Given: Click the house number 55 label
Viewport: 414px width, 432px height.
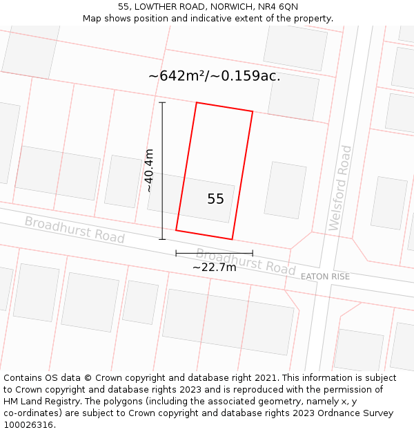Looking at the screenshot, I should [x=215, y=199].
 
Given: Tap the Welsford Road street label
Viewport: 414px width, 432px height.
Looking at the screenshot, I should [x=341, y=188].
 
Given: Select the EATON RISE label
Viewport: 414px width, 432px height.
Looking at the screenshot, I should [x=325, y=276].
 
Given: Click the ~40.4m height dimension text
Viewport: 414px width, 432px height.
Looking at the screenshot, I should [x=148, y=170].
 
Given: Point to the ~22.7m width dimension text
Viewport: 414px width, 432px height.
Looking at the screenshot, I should [x=214, y=267].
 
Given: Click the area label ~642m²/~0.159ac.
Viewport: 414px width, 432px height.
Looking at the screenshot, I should [x=214, y=76].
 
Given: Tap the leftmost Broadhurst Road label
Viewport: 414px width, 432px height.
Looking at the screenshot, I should [x=75, y=229].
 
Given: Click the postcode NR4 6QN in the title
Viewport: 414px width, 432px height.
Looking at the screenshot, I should [x=279, y=7].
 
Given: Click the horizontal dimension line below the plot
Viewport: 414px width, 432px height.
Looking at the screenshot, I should [x=214, y=253].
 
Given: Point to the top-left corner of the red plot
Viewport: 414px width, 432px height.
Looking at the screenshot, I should [x=197, y=103].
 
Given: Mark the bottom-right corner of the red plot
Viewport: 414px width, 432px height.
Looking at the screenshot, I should [x=232, y=239].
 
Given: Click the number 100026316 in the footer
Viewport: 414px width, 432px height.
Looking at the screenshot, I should [x=28, y=425].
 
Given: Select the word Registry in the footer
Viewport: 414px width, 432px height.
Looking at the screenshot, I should [x=68, y=402].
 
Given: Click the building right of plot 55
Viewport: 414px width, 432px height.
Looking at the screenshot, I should [x=285, y=190].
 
